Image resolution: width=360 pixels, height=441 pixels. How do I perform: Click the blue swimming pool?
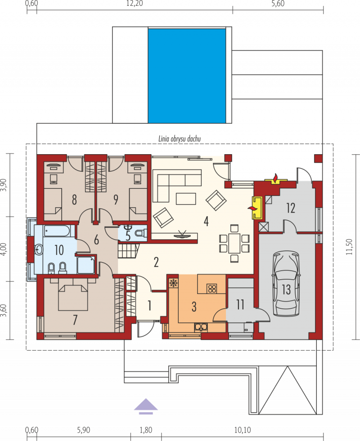coord(187,76)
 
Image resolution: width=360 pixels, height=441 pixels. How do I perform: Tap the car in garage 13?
coord(286,284)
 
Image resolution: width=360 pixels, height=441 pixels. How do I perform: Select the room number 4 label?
coord(206,221)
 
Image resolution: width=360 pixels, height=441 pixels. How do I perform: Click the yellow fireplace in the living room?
coord(257,208)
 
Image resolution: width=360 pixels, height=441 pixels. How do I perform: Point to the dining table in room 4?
coord(234,243)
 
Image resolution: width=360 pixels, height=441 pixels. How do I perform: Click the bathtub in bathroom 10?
coord(57,231)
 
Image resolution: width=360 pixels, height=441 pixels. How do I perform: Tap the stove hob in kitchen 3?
coord(212,289)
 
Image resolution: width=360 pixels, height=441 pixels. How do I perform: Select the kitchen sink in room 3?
coord(201,327)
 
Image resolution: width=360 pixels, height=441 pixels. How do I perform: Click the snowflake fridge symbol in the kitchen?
coord(173,283)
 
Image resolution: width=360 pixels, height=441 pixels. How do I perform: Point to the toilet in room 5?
coord(140,233)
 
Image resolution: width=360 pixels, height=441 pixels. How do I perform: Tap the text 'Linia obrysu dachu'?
coord(180,138)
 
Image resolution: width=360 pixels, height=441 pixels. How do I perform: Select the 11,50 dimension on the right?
coord(349,247)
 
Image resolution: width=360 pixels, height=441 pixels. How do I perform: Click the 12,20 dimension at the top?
coord(135,4)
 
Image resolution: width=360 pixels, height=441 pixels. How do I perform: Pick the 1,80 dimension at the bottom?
coord(146,430)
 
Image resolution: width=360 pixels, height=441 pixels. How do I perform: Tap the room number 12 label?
coord(291,208)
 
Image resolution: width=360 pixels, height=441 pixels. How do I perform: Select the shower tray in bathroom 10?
coord(86,265)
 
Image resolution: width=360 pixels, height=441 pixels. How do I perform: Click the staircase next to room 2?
coord(129,251)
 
